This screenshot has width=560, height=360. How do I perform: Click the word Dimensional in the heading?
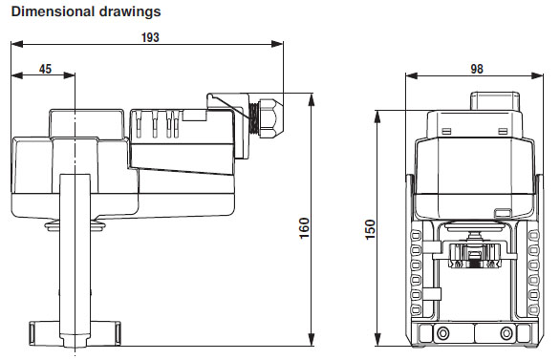54,11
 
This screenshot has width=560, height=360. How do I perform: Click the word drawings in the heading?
130,12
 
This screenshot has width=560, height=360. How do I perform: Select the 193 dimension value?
150,37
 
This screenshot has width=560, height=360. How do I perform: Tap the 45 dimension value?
45,69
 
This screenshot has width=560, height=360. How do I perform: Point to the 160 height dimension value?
304,228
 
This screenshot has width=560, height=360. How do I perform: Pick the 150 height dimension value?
371,230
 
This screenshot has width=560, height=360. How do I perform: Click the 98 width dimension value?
477,69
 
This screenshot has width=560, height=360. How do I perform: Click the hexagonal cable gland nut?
271,117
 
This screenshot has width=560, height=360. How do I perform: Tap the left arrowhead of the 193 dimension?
17,44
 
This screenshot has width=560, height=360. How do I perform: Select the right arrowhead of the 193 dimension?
277,44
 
